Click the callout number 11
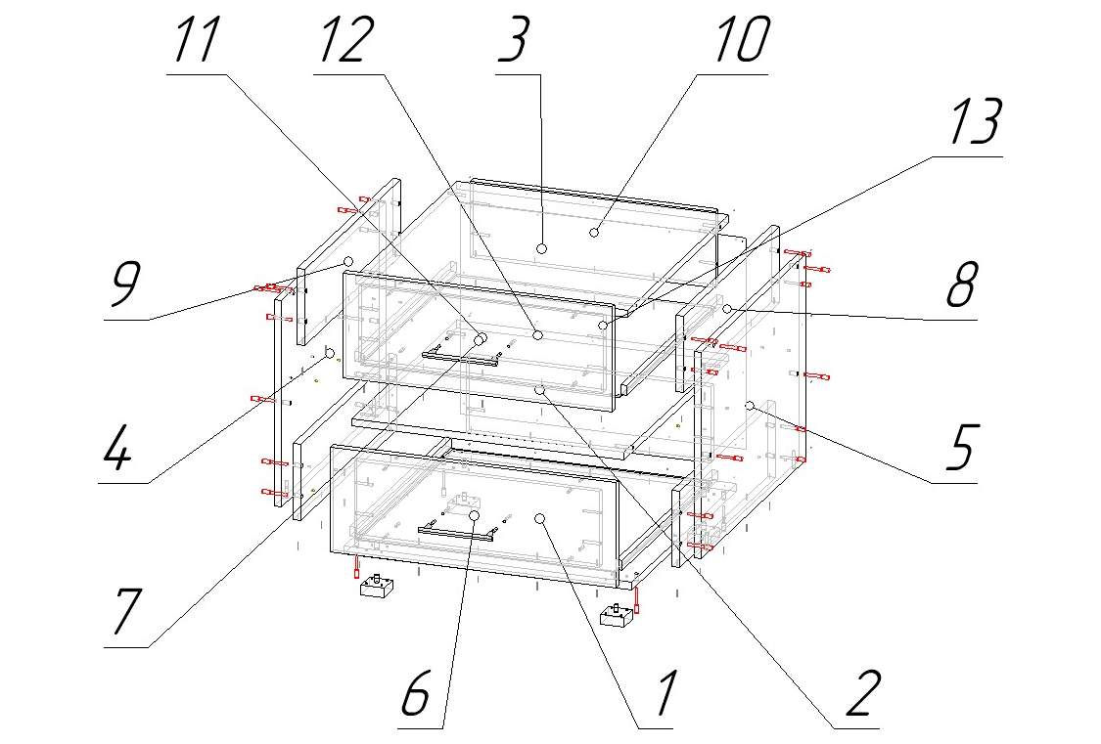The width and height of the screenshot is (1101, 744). (197, 40)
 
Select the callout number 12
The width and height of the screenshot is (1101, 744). (344, 40)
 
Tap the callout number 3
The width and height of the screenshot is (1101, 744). (514, 40)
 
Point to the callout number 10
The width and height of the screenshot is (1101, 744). (743, 40)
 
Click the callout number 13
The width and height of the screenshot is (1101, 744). (976, 122)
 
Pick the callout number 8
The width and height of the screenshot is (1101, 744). (961, 285)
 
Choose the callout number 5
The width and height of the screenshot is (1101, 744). (961, 449)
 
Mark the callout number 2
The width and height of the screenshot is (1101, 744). (863, 693)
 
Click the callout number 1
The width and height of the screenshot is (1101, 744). (665, 693)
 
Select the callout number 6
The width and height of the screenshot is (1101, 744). (416, 693)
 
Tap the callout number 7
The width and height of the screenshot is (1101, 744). (125, 611)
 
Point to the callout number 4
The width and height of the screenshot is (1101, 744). (117, 449)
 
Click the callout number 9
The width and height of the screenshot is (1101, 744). (125, 285)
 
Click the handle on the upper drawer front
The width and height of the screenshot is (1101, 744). (461, 359)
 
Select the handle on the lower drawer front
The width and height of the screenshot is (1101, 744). (457, 533)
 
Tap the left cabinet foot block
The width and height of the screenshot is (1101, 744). (377, 586)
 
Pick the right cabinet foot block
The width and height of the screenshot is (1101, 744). (618, 616)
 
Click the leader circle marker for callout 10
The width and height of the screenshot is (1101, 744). (594, 232)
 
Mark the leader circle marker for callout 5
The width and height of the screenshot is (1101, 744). (750, 406)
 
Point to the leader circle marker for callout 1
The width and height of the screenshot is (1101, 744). (540, 518)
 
